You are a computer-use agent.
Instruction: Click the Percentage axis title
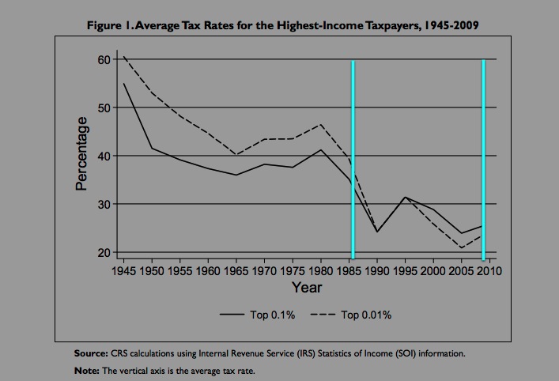click(80, 156)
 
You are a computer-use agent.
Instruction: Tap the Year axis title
click(306, 288)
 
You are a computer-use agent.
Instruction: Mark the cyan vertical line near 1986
click(353, 158)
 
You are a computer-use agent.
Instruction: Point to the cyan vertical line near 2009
click(482, 158)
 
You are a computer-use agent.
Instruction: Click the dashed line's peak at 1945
click(123, 56)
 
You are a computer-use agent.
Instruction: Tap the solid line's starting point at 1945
click(123, 84)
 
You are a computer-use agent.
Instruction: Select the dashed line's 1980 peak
click(321, 124)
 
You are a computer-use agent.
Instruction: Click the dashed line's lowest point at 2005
click(462, 248)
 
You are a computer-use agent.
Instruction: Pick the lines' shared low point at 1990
click(377, 232)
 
